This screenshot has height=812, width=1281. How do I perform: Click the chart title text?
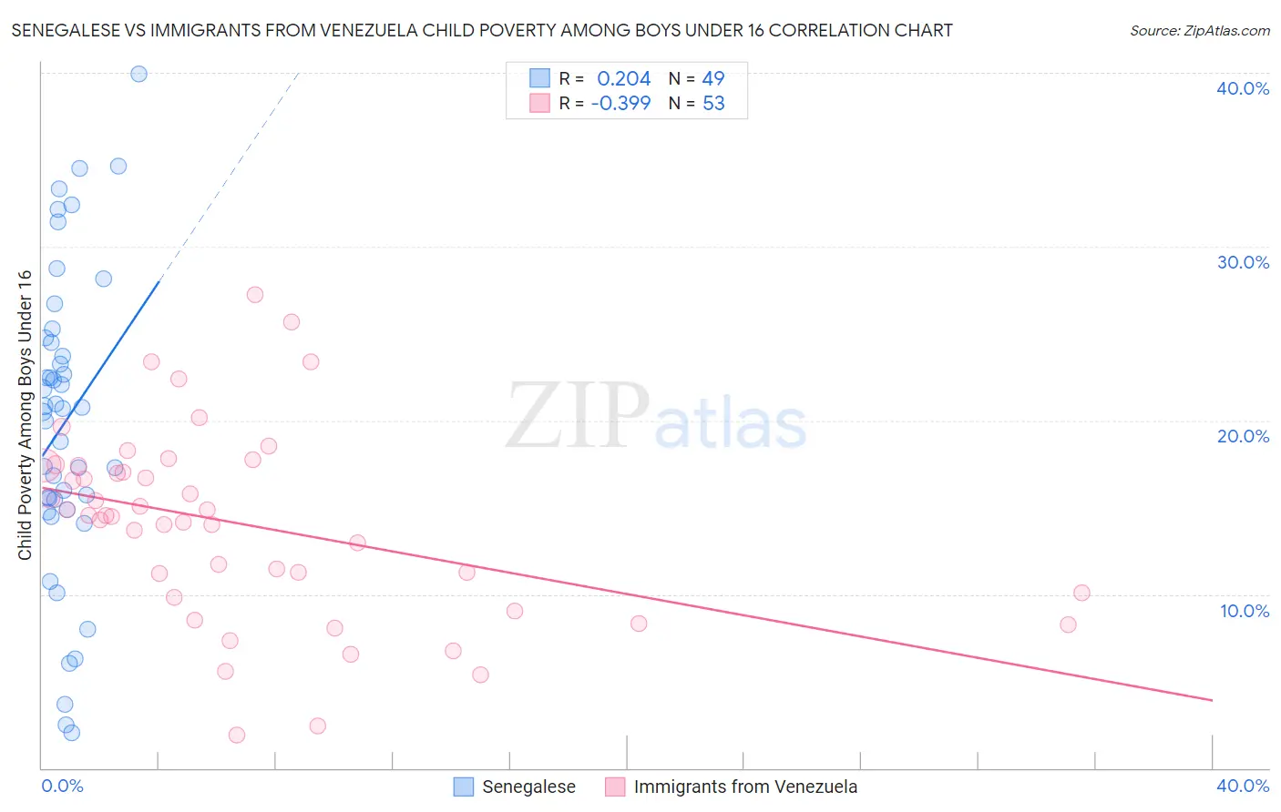tap(482, 30)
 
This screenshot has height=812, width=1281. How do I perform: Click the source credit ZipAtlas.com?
tap(1199, 31)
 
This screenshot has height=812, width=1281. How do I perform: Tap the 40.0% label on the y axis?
tap(1243, 88)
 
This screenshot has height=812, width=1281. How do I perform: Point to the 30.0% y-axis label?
tap(1243, 262)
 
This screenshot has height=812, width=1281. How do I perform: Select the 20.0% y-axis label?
tap(1243, 436)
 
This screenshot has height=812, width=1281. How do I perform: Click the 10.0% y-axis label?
tap(1245, 611)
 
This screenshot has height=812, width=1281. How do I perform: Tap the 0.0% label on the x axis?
tap(62, 786)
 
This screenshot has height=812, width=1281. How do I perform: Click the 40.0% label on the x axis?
tap(1243, 786)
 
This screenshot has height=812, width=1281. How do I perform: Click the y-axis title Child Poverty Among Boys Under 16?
tap(26, 415)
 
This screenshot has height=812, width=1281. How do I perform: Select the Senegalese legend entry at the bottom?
tap(528, 787)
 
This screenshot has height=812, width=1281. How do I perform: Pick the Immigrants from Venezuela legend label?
tap(745, 787)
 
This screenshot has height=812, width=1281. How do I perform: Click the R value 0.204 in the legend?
tap(624, 79)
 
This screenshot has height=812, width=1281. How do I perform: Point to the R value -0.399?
tap(621, 104)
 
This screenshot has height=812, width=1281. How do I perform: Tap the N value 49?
tap(713, 79)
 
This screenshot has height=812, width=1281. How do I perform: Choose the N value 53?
tap(713, 104)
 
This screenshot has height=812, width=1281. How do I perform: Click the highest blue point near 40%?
tap(139, 74)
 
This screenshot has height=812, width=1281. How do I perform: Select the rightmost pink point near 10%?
tap(1081, 593)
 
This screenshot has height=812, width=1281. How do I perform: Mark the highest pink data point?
tap(255, 295)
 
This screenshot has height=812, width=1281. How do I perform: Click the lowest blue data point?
tap(72, 733)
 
